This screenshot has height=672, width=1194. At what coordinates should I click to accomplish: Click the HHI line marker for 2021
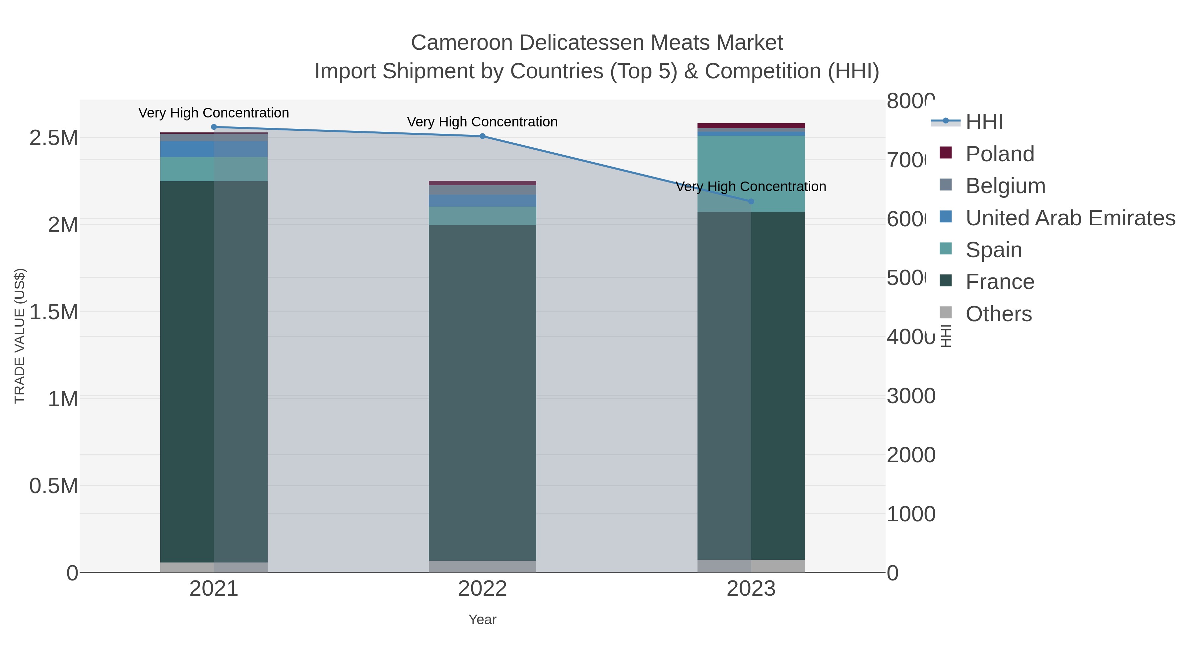214,127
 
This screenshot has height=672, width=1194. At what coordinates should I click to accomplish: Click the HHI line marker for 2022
483,136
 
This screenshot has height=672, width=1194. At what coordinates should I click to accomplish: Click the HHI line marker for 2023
751,201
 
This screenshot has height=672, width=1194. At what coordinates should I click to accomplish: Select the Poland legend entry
1000,154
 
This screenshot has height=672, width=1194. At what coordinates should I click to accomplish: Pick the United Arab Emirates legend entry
1070,218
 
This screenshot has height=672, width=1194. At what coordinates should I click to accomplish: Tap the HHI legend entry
984,122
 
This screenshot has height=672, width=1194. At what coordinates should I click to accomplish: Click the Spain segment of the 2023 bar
751,174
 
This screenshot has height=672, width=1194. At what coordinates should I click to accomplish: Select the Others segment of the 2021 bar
214,567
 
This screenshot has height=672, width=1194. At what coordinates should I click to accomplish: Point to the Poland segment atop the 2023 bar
751,126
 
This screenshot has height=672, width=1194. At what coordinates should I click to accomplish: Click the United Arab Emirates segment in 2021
214,149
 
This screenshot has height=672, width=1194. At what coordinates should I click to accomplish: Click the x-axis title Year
483,620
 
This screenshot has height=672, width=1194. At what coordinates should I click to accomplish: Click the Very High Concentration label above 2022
483,122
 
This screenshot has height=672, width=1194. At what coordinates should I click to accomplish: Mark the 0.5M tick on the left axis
54,486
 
